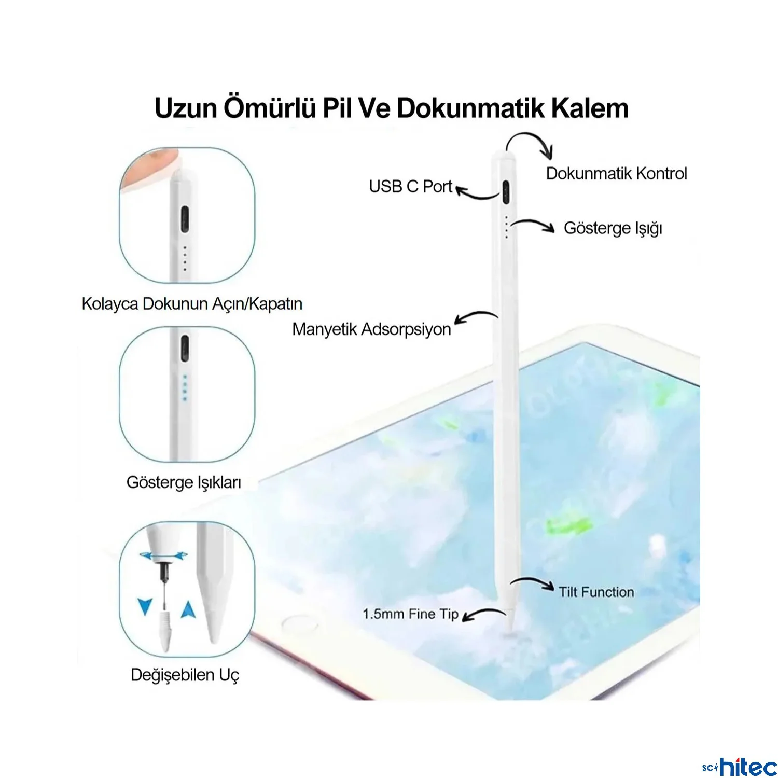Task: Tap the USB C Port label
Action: pyautogui.click(x=411, y=186)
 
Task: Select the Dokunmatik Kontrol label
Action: pyautogui.click(x=617, y=173)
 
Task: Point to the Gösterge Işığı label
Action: pyautogui.click(x=613, y=228)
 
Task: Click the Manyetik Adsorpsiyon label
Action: pyautogui.click(x=371, y=329)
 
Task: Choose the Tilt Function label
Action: pyautogui.click(x=596, y=592)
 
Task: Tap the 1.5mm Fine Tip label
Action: pyautogui.click(x=411, y=614)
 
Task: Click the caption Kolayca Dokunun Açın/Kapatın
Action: pyautogui.click(x=192, y=304)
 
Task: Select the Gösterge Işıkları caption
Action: pyautogui.click(x=184, y=483)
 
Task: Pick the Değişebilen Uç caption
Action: pyautogui.click(x=185, y=675)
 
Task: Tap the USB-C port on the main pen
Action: pyautogui.click(x=506, y=192)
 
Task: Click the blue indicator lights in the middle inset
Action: pyautogui.click(x=185, y=387)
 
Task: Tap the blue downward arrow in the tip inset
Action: pyautogui.click(x=145, y=606)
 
